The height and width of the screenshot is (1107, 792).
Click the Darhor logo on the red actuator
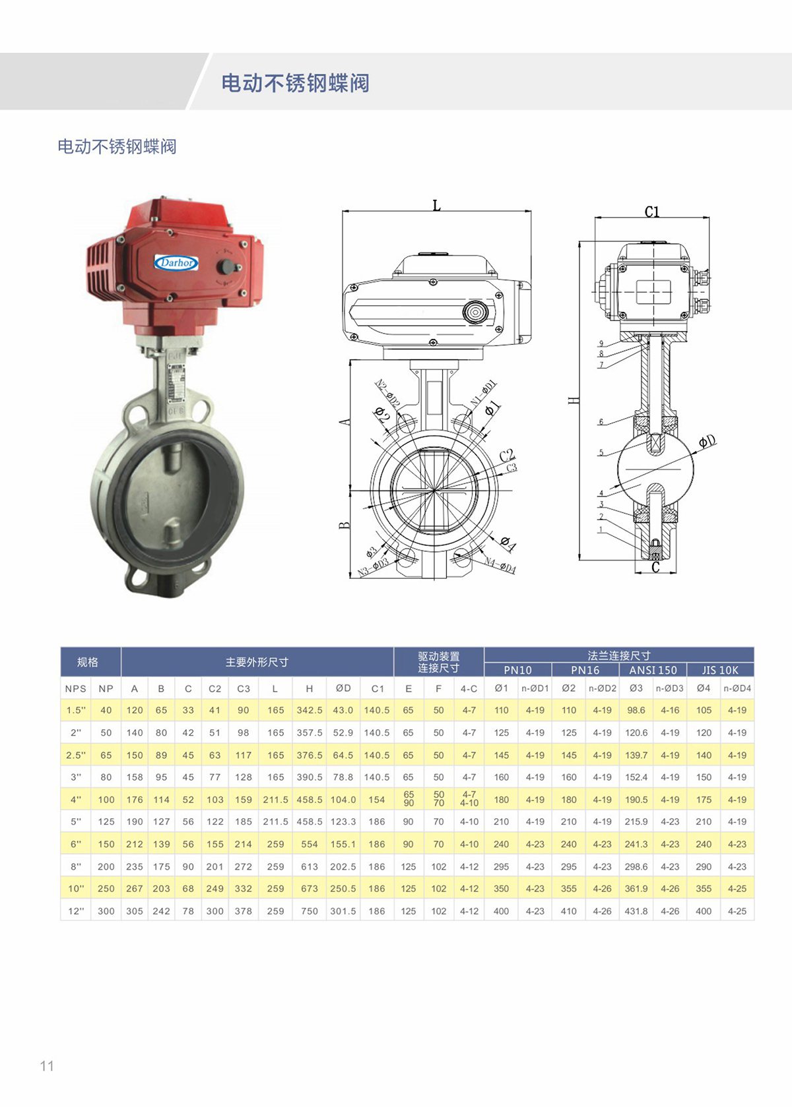tap(177, 262)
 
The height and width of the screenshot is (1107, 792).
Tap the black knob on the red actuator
tap(226, 266)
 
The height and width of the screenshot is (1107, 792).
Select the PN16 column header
tap(585, 670)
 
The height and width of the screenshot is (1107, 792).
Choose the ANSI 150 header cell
tap(653, 670)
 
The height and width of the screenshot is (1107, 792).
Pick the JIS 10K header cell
tap(720, 670)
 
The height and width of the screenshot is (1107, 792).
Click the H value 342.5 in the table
tap(309, 710)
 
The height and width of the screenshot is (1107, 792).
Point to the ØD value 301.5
tap(343, 911)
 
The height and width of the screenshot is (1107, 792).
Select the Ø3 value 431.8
tap(636, 911)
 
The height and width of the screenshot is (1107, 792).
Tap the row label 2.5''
tap(76, 755)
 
